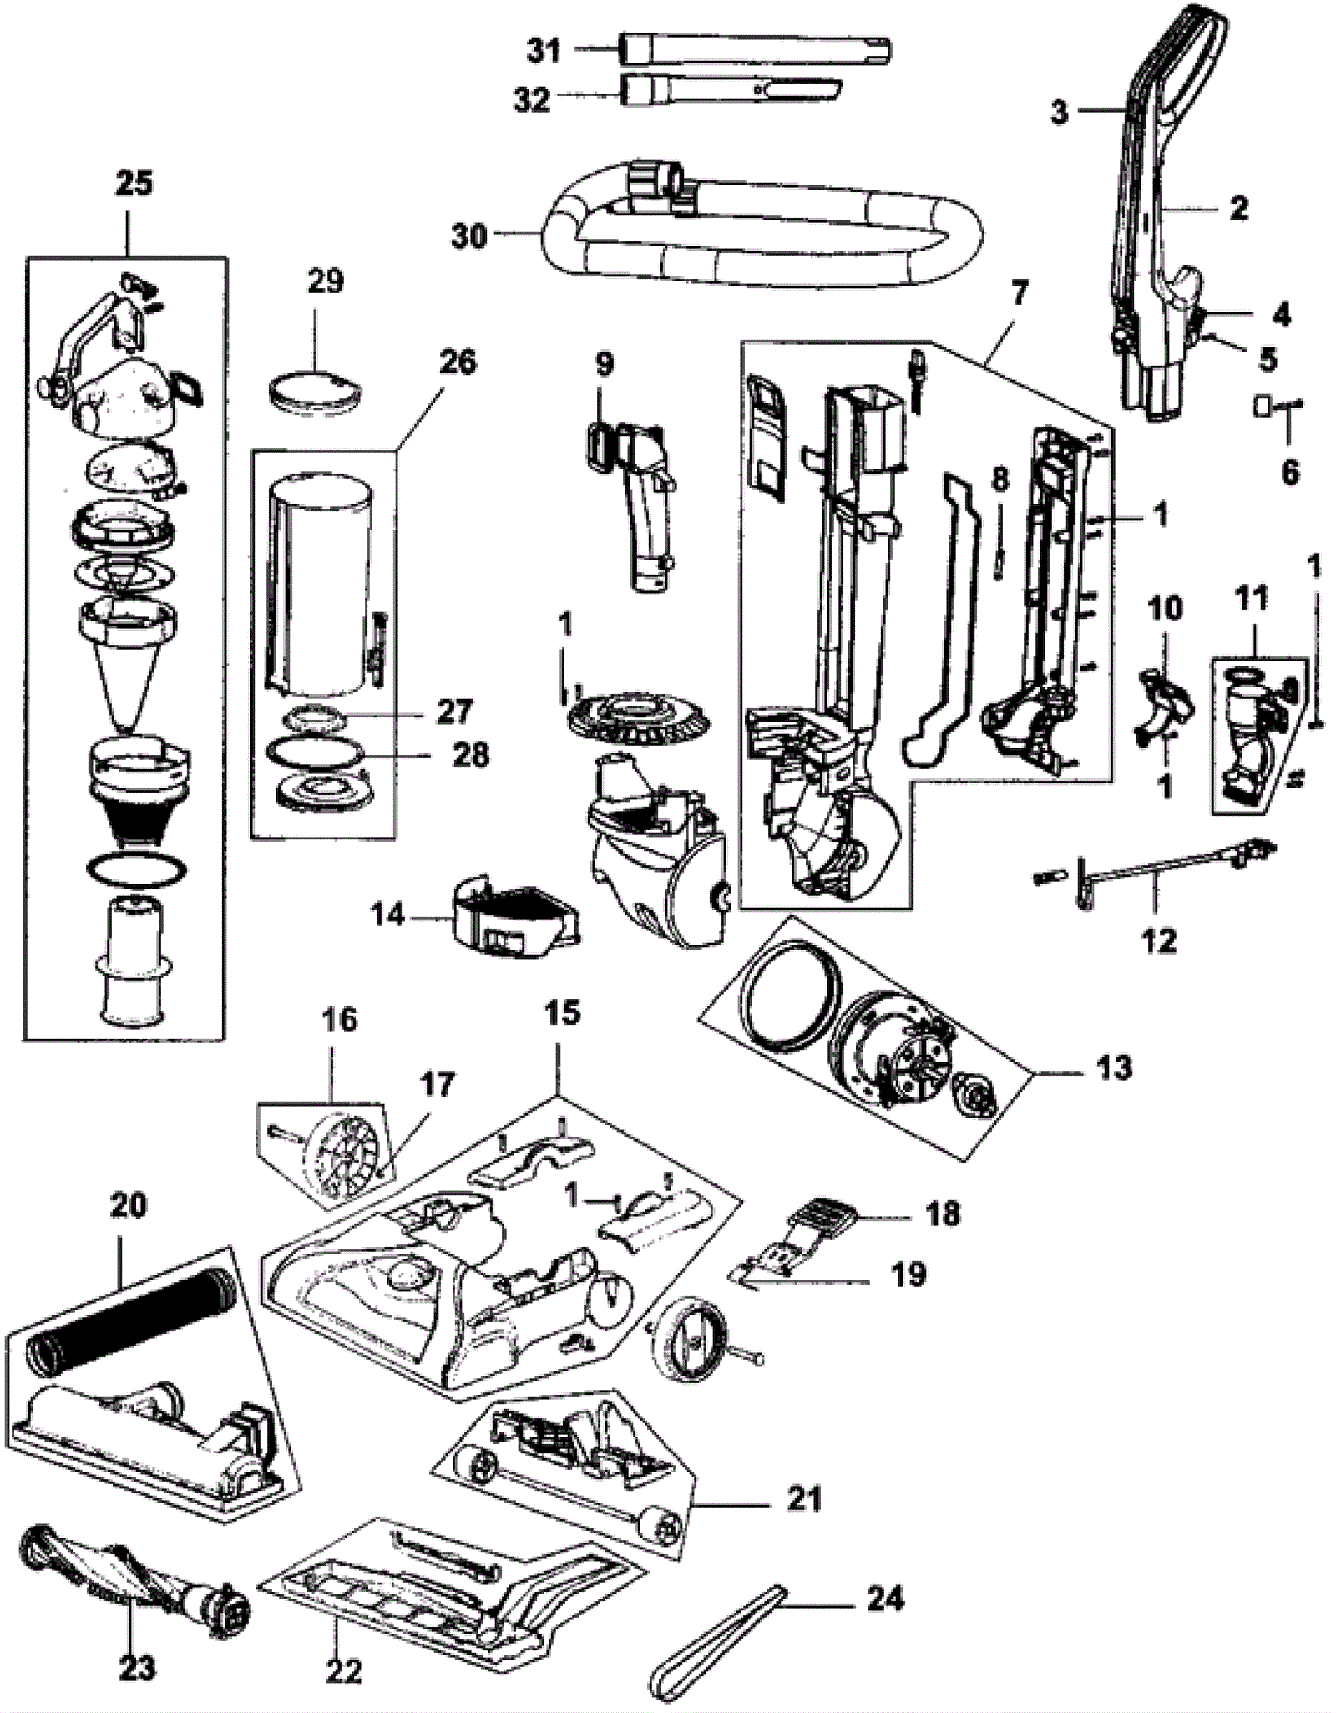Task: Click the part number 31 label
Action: tap(544, 51)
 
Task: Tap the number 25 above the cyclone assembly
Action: tap(134, 183)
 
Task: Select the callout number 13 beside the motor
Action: tap(1114, 1067)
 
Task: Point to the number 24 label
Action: tap(885, 1599)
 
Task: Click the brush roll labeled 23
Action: tap(134, 1572)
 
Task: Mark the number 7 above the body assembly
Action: tap(1020, 293)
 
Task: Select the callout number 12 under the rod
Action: tap(1158, 941)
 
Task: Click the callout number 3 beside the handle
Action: tap(1059, 111)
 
